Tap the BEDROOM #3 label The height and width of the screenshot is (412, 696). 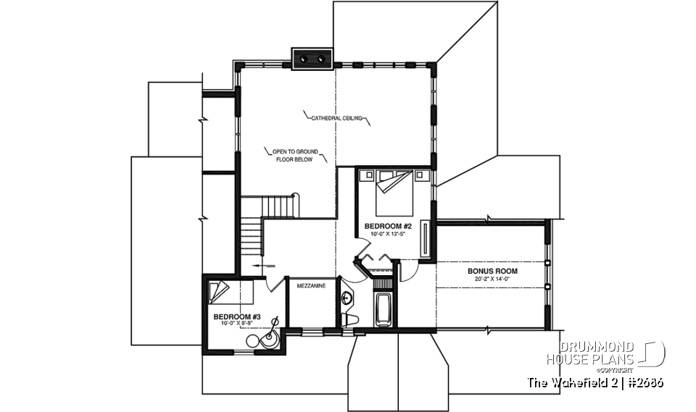click(x=236, y=316)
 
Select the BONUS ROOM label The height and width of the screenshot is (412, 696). click(x=492, y=271)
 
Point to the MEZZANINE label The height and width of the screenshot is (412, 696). click(x=311, y=286)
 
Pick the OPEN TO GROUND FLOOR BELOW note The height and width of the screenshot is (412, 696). click(x=294, y=156)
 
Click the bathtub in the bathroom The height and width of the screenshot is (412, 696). click(x=382, y=311)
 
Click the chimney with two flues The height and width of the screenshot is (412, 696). click(x=312, y=58)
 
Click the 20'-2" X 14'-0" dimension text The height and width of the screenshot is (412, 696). click(x=492, y=279)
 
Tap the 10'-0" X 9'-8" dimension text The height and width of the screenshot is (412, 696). click(x=236, y=324)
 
